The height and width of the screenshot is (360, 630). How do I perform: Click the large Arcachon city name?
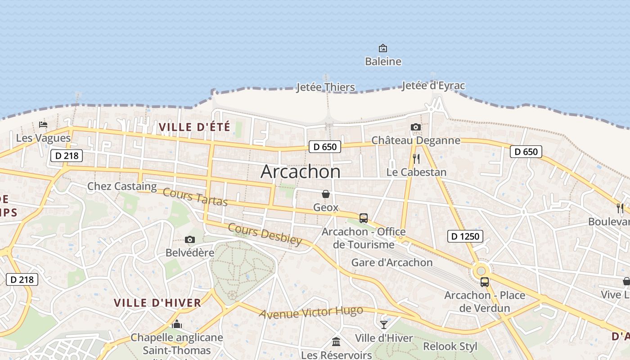(301, 171)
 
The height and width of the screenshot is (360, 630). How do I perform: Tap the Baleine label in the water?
(383, 61)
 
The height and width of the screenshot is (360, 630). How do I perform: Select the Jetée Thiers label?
(325, 87)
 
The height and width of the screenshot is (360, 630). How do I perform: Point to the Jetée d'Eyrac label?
(433, 85)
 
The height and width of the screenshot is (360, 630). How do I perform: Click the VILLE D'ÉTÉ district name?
(194, 127)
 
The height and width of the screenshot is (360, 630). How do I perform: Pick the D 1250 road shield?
(465, 236)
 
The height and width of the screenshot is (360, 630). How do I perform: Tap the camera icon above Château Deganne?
(416, 127)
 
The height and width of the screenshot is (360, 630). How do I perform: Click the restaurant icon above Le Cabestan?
(416, 159)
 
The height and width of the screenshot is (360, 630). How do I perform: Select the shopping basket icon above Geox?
(326, 194)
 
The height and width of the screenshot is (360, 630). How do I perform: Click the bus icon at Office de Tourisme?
(364, 218)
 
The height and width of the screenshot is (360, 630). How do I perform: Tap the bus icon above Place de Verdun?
(485, 282)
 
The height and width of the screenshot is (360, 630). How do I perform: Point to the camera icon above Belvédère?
(190, 240)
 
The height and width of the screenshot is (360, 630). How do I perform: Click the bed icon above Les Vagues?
(43, 124)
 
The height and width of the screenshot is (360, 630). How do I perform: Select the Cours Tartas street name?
(195, 197)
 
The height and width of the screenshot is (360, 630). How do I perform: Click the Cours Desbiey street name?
(265, 234)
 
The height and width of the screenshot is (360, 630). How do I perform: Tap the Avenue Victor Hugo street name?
(311, 312)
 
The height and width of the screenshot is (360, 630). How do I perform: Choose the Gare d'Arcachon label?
(391, 262)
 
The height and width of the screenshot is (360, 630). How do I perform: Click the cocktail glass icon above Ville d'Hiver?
(383, 324)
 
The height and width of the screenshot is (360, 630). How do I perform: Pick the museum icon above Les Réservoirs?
(336, 342)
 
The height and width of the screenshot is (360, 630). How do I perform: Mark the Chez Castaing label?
(122, 186)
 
